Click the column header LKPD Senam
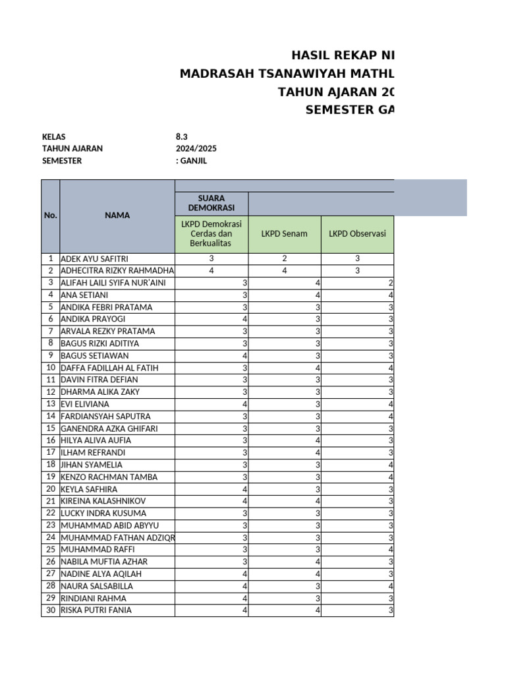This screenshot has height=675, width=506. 284,233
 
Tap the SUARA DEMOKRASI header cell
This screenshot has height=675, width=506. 211,203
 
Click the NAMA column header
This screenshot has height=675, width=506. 117,215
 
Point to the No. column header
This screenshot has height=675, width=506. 51,215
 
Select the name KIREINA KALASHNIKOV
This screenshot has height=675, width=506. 103,501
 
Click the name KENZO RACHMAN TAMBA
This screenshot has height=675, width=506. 101,477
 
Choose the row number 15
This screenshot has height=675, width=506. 51,428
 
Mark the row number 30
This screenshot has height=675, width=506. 51,610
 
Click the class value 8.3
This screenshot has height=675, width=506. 181,136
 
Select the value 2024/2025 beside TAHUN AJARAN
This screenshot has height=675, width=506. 196,148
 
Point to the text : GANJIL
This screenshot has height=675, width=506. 196,160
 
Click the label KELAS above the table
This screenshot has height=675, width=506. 54,136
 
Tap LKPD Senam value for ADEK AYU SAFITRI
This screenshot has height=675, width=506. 284,259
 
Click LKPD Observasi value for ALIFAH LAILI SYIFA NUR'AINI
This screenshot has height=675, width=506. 391,283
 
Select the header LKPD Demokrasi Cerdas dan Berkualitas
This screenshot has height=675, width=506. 211,234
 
